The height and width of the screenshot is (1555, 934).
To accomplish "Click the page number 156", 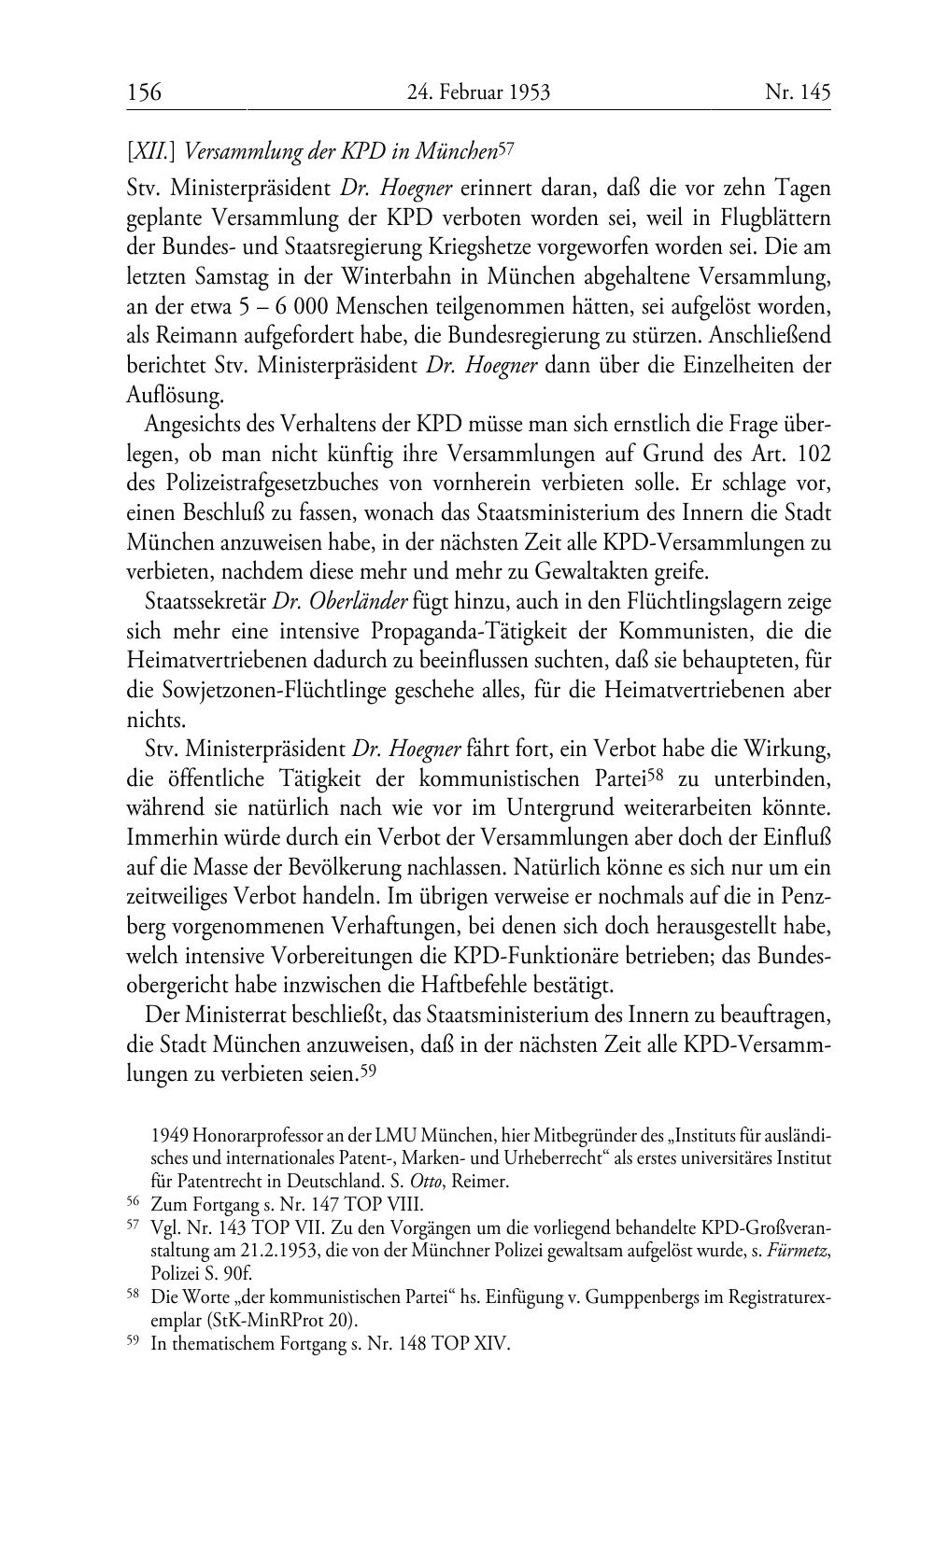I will tap(144, 92).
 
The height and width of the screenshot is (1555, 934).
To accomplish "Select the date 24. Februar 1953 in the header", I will tap(478, 92).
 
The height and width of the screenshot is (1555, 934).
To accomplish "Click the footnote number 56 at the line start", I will tap(134, 1203).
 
